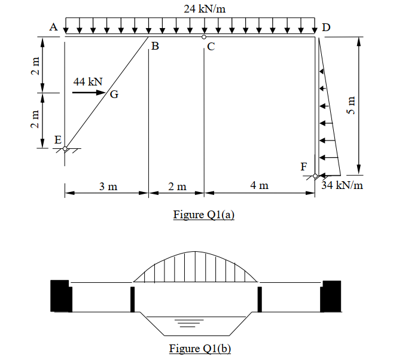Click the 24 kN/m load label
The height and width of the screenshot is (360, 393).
tap(205, 8)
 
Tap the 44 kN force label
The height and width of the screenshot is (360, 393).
tap(88, 81)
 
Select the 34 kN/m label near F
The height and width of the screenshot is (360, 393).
tap(342, 185)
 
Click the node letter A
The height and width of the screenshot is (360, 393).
tap(53, 26)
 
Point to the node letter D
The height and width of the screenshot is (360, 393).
tap(325, 27)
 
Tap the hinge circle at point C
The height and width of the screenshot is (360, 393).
tap(204, 37)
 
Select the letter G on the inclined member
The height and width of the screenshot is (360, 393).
tap(114, 94)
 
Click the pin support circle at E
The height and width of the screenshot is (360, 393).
tap(65, 148)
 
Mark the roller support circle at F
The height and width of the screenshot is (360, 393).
tap(315, 176)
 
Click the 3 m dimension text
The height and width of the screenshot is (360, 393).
tap(108, 186)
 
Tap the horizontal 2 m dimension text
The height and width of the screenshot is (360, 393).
tap(177, 186)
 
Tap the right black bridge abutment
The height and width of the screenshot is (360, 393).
tap(330, 296)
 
